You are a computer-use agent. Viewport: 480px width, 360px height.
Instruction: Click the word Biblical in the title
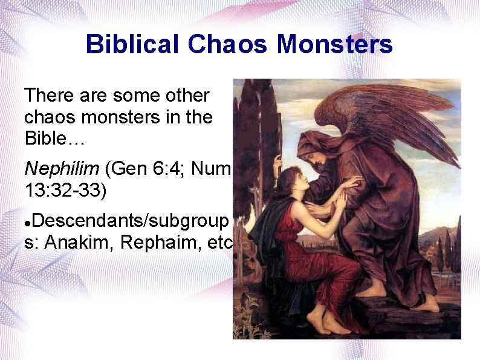point(132,44)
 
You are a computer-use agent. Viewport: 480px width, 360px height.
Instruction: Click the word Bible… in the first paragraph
point(55,138)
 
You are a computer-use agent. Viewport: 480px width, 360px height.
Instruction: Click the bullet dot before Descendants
point(27,222)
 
